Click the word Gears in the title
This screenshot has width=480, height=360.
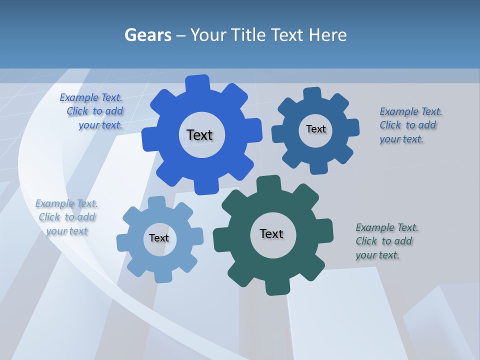coord(148,35)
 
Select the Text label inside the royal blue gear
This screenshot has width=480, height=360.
coord(199,135)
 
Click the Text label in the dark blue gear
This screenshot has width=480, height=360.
coord(315,129)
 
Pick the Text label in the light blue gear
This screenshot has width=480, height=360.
coord(159,238)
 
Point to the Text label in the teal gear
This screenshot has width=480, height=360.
coord(271,233)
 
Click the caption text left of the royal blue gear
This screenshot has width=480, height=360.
coord(92,111)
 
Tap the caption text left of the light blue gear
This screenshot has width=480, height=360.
coord(66,217)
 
